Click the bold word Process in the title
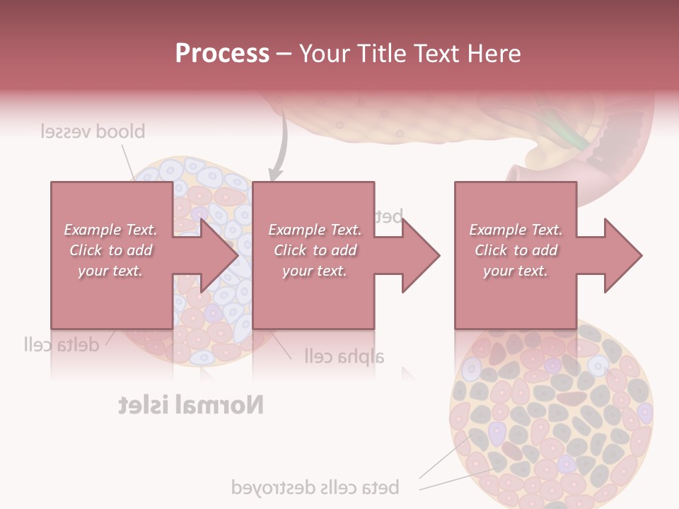(222, 54)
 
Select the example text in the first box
(111, 250)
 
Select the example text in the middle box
(315, 250)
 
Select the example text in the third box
(516, 250)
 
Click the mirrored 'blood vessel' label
(92, 131)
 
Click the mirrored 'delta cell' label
(60, 344)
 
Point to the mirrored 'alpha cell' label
(344, 355)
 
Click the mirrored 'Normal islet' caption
(191, 405)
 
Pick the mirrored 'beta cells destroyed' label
(315, 487)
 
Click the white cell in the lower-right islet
(598, 365)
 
